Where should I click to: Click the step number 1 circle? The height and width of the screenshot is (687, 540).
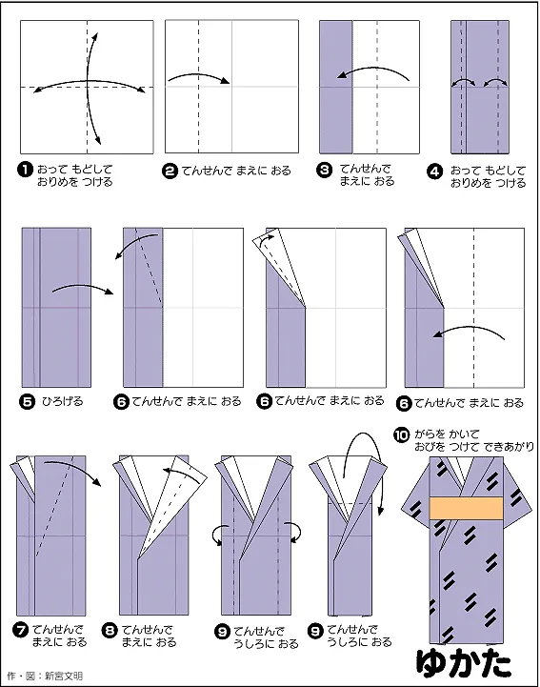coord(26,170)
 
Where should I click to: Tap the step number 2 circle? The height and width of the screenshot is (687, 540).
coord(170,171)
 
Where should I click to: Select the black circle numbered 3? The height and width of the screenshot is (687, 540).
coord(324,170)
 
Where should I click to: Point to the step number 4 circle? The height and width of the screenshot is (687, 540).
coord(434,172)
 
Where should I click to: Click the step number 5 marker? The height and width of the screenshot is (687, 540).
coord(28,401)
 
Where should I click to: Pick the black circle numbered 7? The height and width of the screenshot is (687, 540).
coord(21,631)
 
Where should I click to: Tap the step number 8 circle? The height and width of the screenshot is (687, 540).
coord(110,631)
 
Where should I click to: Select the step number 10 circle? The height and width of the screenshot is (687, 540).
coord(401,435)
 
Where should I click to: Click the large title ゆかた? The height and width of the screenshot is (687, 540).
coord(463,663)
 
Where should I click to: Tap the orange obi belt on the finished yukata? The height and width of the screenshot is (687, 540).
coord(466,508)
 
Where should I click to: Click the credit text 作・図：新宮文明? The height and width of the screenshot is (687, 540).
coord(45,676)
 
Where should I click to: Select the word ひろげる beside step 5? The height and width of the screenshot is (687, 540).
coord(62,401)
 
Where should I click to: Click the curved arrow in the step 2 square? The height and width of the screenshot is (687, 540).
coord(199,75)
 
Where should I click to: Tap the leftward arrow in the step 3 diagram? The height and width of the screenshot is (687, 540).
coord(373,71)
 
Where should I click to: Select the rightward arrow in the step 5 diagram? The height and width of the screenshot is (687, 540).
coord(83,287)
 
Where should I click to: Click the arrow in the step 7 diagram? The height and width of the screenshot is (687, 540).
coord(75,467)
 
